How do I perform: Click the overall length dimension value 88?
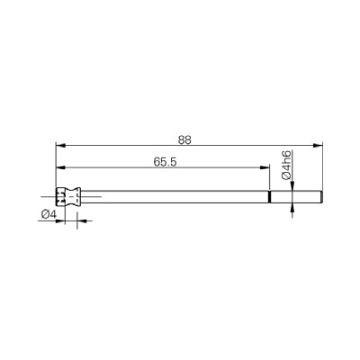coord(184,140)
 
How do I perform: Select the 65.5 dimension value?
coord(165,162)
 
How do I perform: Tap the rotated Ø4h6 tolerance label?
coord(287,166)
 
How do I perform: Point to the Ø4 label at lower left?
coord(49,214)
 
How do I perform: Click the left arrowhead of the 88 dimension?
coord(60,146)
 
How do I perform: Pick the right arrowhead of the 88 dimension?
coord(318,146)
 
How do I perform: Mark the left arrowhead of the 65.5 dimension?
coord(60,167)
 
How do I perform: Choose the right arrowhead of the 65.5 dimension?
coord(265,167)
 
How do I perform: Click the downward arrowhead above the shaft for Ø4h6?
coord(292,186)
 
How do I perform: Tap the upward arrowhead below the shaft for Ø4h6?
coord(292,208)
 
